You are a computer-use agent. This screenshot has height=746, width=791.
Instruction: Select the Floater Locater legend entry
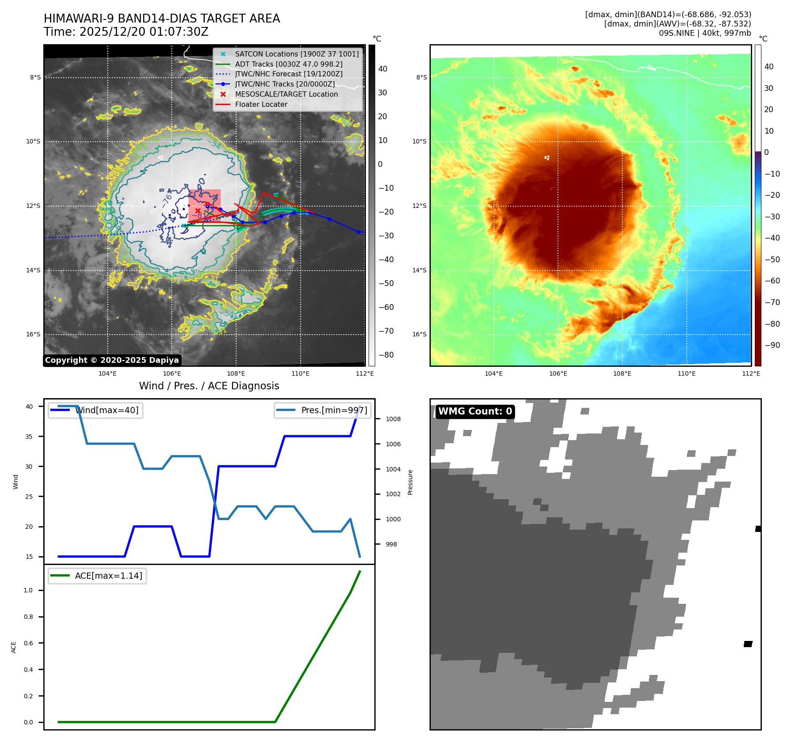coord(261,104)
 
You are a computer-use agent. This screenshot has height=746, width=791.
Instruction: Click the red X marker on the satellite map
coord(198,211)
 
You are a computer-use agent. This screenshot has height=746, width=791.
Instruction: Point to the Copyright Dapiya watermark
coord(112,360)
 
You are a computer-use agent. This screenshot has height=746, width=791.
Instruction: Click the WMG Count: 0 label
coord(475,411)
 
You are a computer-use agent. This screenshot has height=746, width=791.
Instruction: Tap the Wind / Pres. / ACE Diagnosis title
coord(209,386)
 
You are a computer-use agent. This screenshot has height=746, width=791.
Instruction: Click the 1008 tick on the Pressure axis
coord(393,419)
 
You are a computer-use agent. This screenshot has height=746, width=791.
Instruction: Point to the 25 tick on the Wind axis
coord(29,497)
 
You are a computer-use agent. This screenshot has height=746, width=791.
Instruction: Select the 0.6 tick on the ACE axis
coord(29,643)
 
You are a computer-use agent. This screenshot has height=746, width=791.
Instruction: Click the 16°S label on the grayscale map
coord(33,334)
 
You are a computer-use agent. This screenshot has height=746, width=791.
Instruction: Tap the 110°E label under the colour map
coord(686,373)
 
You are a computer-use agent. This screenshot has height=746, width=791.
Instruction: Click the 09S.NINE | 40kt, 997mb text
coord(704,33)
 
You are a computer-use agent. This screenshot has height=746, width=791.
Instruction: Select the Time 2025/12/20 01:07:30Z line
coord(126,32)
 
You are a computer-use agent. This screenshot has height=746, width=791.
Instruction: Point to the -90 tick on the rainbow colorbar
coord(772,345)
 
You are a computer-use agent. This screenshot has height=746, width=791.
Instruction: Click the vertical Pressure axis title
coord(410,482)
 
